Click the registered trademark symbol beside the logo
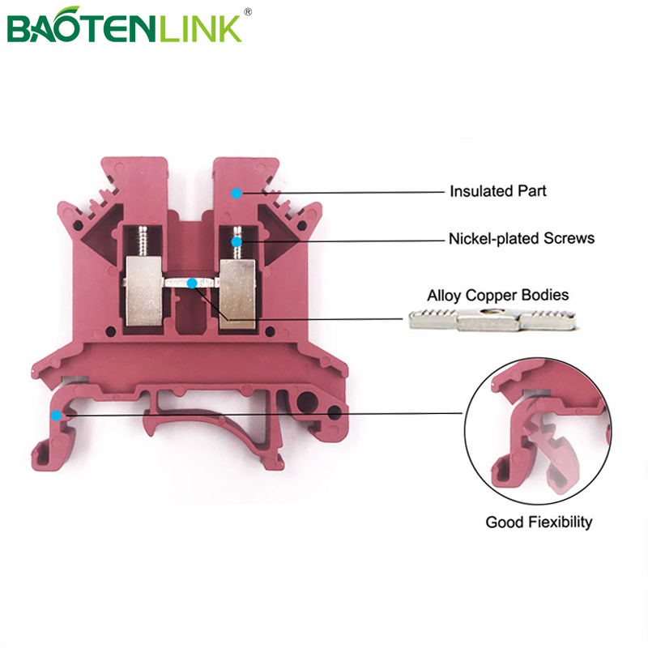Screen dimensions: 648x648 [x=248, y=11]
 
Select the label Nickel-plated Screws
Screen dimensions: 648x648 [x=522, y=238]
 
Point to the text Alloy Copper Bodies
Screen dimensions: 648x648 [x=498, y=295]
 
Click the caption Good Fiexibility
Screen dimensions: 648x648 [x=539, y=522]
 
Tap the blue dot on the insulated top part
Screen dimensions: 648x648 [x=237, y=193]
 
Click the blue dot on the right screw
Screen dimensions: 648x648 [x=237, y=241]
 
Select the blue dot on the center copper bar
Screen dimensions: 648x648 [x=191, y=283]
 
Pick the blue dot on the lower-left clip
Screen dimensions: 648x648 [x=56, y=415]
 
